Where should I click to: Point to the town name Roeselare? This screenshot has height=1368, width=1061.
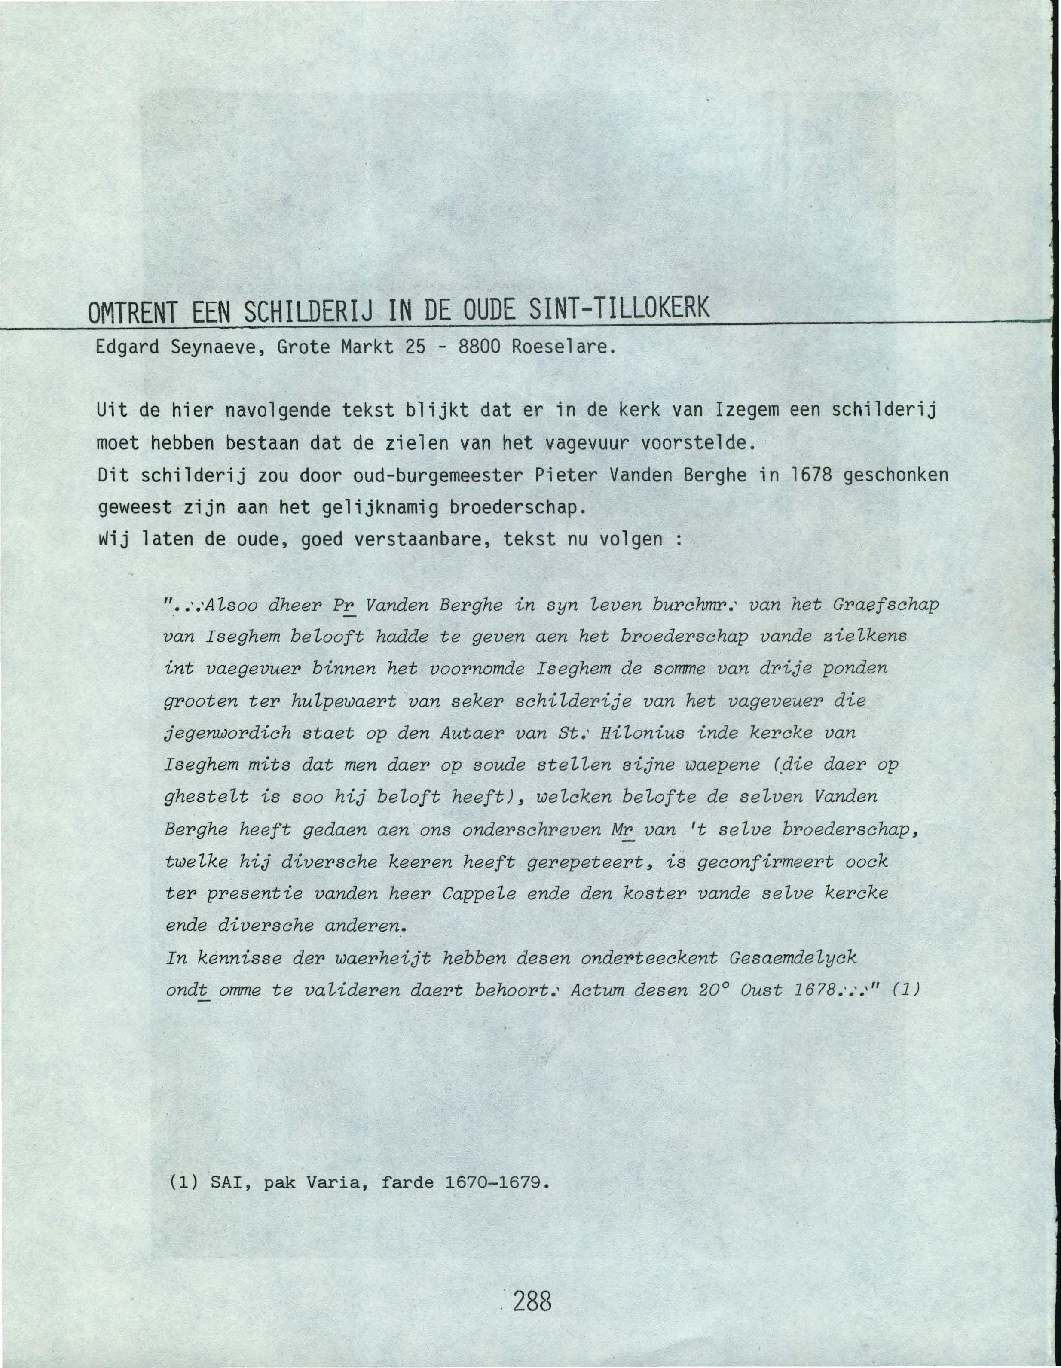coord(560,346)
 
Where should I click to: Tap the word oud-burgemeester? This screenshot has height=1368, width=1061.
coord(438,475)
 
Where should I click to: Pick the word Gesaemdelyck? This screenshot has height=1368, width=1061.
coord(793,958)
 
